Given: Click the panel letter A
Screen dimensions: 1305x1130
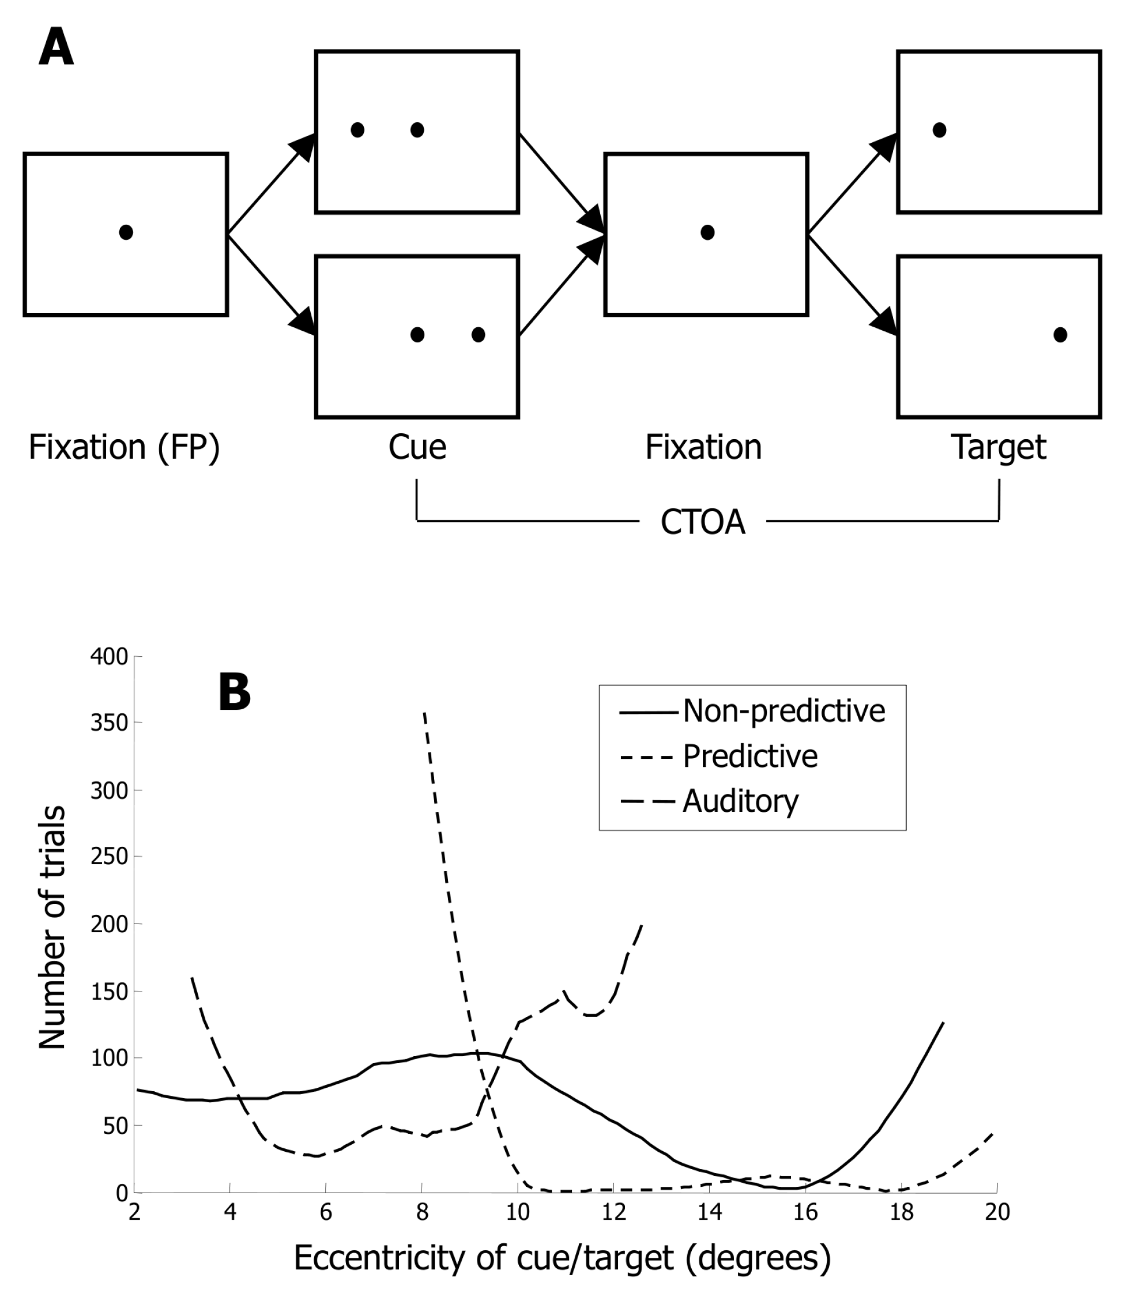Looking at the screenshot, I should [x=56, y=48].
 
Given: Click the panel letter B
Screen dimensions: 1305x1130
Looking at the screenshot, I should [x=234, y=692].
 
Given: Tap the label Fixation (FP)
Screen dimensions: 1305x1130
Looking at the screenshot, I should [x=124, y=448].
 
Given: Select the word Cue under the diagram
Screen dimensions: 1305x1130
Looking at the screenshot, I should [x=417, y=448].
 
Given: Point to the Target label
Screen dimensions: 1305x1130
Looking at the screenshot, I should [x=998, y=448].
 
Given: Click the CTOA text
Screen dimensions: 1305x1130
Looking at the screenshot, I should [x=702, y=522].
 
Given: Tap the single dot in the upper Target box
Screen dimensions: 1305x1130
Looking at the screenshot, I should [x=939, y=130].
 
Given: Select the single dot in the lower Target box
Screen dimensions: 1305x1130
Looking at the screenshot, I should [x=1060, y=335].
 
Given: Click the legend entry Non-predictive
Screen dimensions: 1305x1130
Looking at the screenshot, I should [x=784, y=711].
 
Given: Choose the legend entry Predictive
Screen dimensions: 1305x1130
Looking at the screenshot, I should [x=751, y=756].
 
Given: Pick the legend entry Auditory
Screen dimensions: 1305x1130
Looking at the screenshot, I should [x=740, y=801].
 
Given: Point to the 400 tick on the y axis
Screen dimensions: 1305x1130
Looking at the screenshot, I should [x=110, y=657].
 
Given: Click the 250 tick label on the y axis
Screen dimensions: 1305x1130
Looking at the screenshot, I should [x=110, y=856].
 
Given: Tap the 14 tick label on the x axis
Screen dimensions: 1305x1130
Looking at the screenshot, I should [x=709, y=1211].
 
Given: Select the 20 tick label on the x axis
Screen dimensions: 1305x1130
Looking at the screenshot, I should [x=997, y=1211].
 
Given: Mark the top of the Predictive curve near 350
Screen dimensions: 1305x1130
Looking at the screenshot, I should [x=424, y=713].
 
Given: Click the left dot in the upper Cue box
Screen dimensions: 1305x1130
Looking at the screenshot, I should [x=357, y=130].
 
